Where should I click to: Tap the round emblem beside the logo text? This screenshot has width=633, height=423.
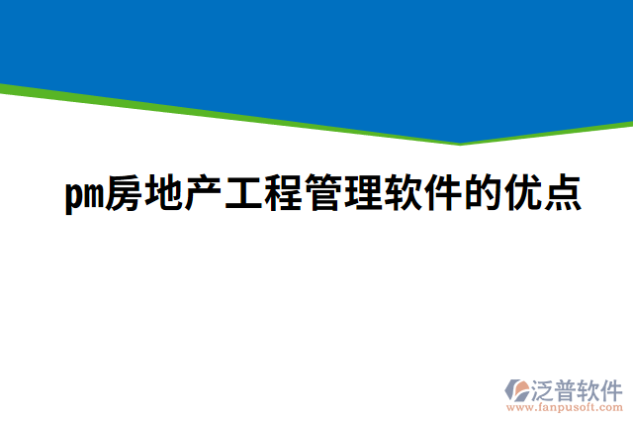pos(517,389)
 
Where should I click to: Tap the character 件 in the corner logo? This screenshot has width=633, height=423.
pos(612,387)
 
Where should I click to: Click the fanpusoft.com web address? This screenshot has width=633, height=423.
pos(565,407)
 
